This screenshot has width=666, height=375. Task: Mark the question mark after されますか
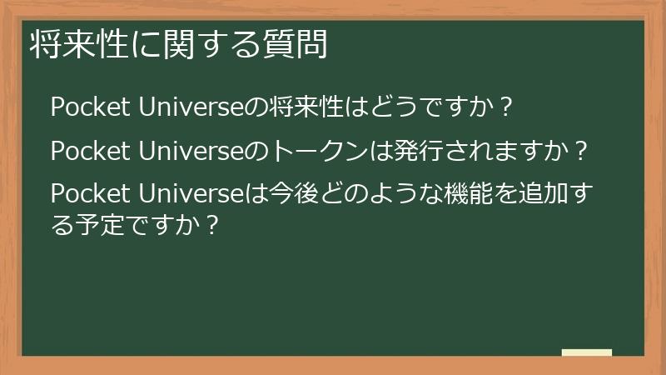(581, 152)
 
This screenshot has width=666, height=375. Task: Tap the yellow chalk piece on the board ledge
(586, 352)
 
